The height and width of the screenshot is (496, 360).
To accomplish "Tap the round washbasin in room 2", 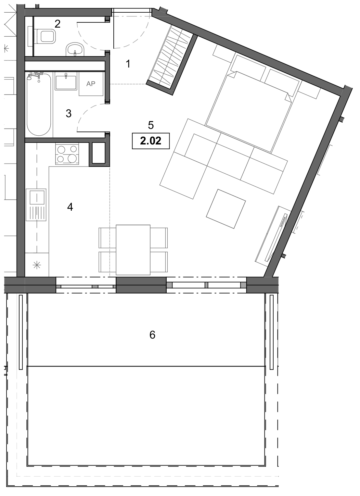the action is coord(75,50).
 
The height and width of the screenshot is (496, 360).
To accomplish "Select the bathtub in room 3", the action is coord(39,104).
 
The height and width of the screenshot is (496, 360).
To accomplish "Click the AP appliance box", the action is coord(91,84).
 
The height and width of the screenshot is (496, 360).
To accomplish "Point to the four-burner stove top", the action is coord(67,154).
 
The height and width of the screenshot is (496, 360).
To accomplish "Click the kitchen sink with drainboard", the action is coord(36,205).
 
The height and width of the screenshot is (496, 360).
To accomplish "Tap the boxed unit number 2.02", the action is coord(151,141).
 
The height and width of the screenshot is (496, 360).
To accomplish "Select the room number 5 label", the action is coord(151,125).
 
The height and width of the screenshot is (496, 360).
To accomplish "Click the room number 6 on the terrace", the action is coord(152,335).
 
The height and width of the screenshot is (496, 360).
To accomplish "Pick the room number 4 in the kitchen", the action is coord(70,207).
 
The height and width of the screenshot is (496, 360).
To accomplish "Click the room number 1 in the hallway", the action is coord(128,64).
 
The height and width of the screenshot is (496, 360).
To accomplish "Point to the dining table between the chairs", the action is coord(133,250).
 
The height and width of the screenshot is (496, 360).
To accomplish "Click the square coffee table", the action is coord(226,209).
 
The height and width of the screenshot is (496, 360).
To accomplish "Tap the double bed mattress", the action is coord(248,112).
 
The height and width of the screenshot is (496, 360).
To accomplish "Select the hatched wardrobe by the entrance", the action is coord(172,60).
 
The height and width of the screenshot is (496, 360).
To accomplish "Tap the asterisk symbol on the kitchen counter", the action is coord(37,265).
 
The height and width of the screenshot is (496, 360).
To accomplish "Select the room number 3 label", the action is coord(69,114).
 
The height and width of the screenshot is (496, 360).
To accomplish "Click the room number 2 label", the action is coord(58,24).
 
